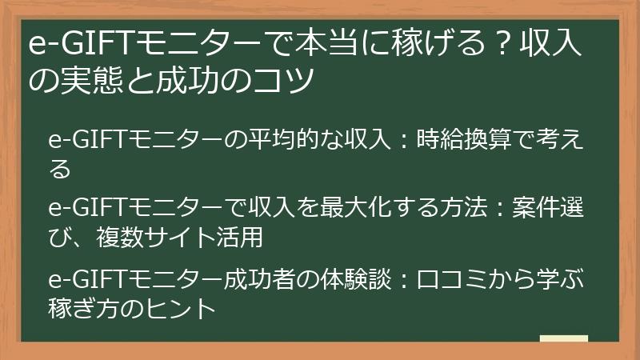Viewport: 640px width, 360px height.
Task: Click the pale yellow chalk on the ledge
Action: pos(564,338)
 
